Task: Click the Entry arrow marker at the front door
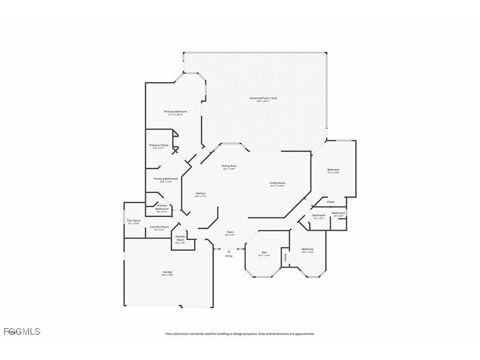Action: [229, 251]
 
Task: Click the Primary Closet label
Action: [158, 145]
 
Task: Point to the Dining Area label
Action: [229, 166]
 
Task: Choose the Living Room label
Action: [278, 183]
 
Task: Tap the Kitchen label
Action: [201, 193]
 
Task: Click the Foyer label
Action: [230, 232]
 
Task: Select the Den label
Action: [264, 252]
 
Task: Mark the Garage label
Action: [168, 272]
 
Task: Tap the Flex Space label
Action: [133, 221]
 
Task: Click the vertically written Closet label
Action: [286, 257]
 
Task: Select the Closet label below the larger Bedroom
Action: [331, 202]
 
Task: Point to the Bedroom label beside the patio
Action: [333, 170]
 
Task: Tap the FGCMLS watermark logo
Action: [21, 331]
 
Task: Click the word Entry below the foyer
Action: [229, 256]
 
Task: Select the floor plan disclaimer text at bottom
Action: [240, 334]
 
